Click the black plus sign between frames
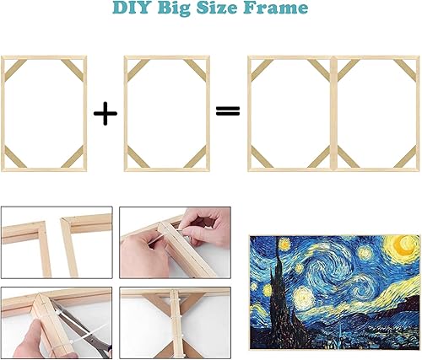(105, 113)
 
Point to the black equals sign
(226, 111)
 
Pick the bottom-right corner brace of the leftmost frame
(73, 156)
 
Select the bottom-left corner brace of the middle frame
(137, 156)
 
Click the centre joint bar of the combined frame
(333, 112)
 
